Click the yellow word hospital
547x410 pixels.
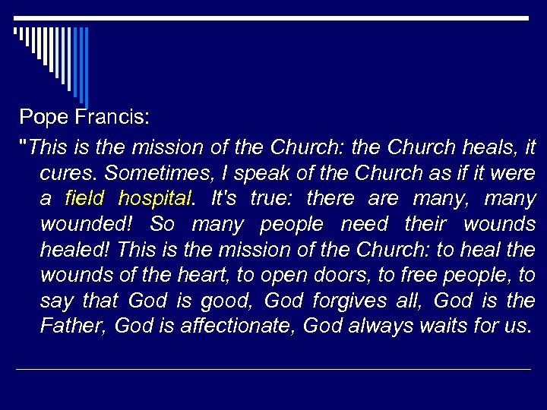tap(153, 199)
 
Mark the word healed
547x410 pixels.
tap(73, 250)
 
